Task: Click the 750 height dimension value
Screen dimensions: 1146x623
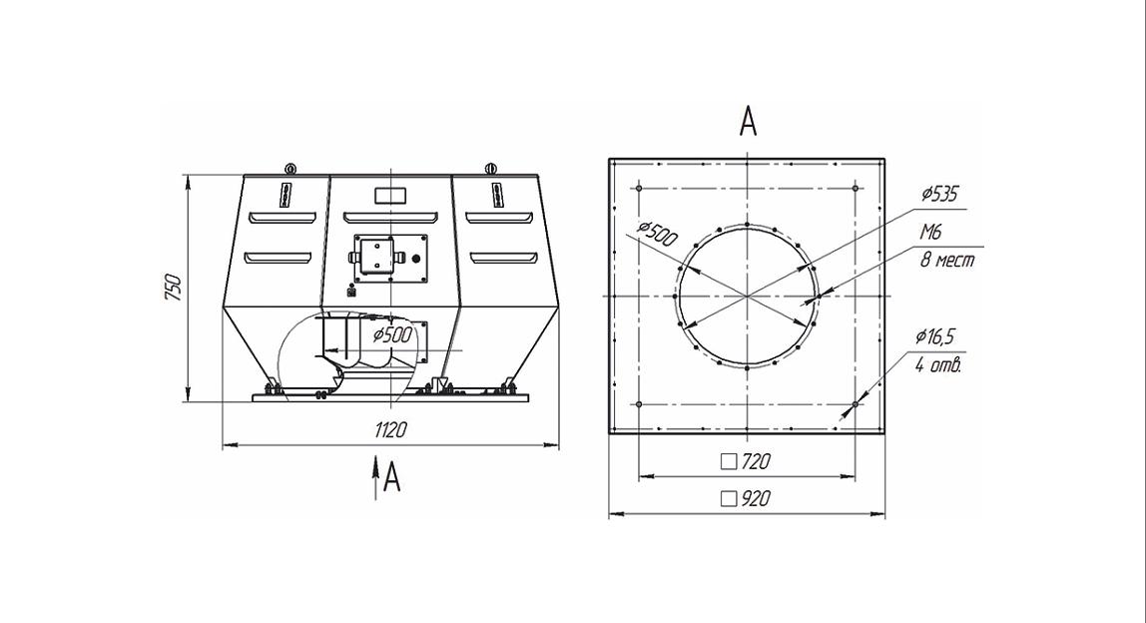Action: click(174, 288)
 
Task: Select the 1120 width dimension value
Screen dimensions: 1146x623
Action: click(390, 430)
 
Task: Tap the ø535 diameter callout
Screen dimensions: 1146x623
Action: click(939, 194)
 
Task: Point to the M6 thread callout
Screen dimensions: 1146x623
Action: click(930, 233)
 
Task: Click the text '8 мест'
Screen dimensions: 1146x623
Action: click(946, 260)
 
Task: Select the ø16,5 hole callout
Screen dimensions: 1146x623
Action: click(934, 336)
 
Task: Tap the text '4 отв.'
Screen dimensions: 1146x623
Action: click(938, 364)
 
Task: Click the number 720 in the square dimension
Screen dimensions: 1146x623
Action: click(756, 461)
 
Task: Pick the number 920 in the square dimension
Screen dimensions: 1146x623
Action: click(756, 498)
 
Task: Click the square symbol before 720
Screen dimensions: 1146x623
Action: click(729, 461)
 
